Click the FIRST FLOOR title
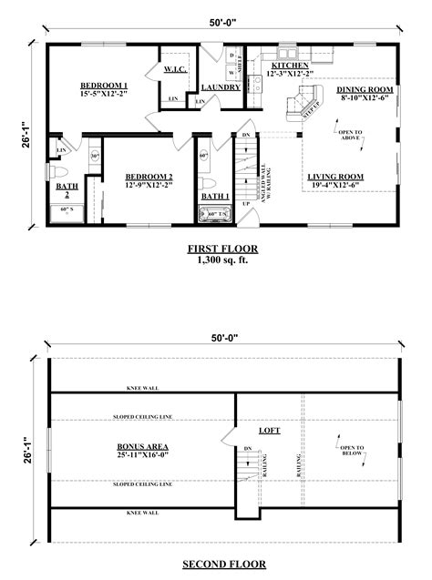point(223,249)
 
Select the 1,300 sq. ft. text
point(223,259)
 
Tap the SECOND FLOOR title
point(223,565)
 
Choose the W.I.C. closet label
point(176,69)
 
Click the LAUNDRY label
point(221,88)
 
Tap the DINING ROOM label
point(363,89)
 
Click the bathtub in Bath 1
point(216,215)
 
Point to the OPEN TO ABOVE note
point(351,137)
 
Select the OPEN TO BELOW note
point(352,453)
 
